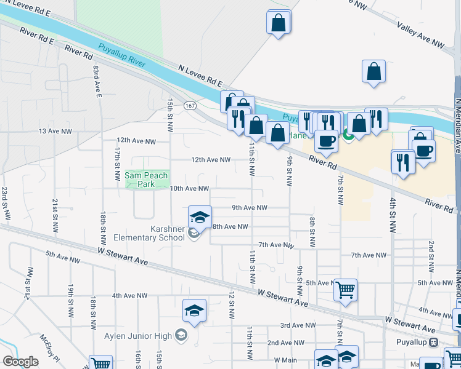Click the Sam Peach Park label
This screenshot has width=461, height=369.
(x=146, y=180)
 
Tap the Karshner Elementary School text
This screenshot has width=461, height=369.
(x=168, y=233)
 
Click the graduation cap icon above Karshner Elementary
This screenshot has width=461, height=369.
(x=199, y=217)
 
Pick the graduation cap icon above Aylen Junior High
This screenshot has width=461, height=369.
(x=194, y=311)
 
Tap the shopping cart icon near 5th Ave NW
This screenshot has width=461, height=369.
(x=345, y=288)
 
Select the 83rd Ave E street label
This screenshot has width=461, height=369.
(x=97, y=81)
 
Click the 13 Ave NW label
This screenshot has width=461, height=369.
(x=55, y=132)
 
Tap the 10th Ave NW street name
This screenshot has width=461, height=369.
(x=190, y=188)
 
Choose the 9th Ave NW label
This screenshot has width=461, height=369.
(x=250, y=208)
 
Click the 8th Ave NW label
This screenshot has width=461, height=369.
(x=230, y=226)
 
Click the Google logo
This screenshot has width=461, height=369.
(x=21, y=362)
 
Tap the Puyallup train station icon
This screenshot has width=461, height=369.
(x=434, y=342)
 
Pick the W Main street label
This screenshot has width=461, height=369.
(x=285, y=360)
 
